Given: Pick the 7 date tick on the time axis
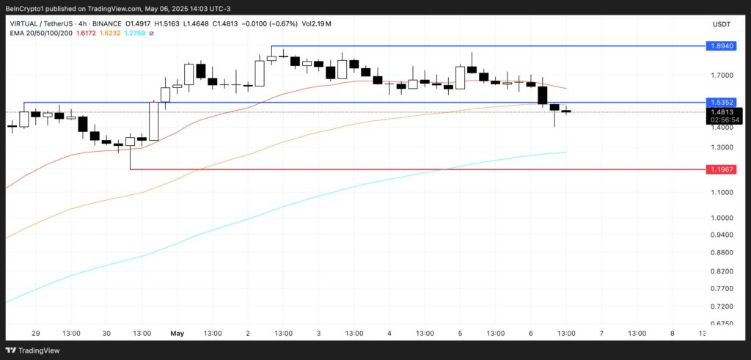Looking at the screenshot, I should [x=601, y=333].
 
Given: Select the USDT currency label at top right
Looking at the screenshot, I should [x=721, y=24].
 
